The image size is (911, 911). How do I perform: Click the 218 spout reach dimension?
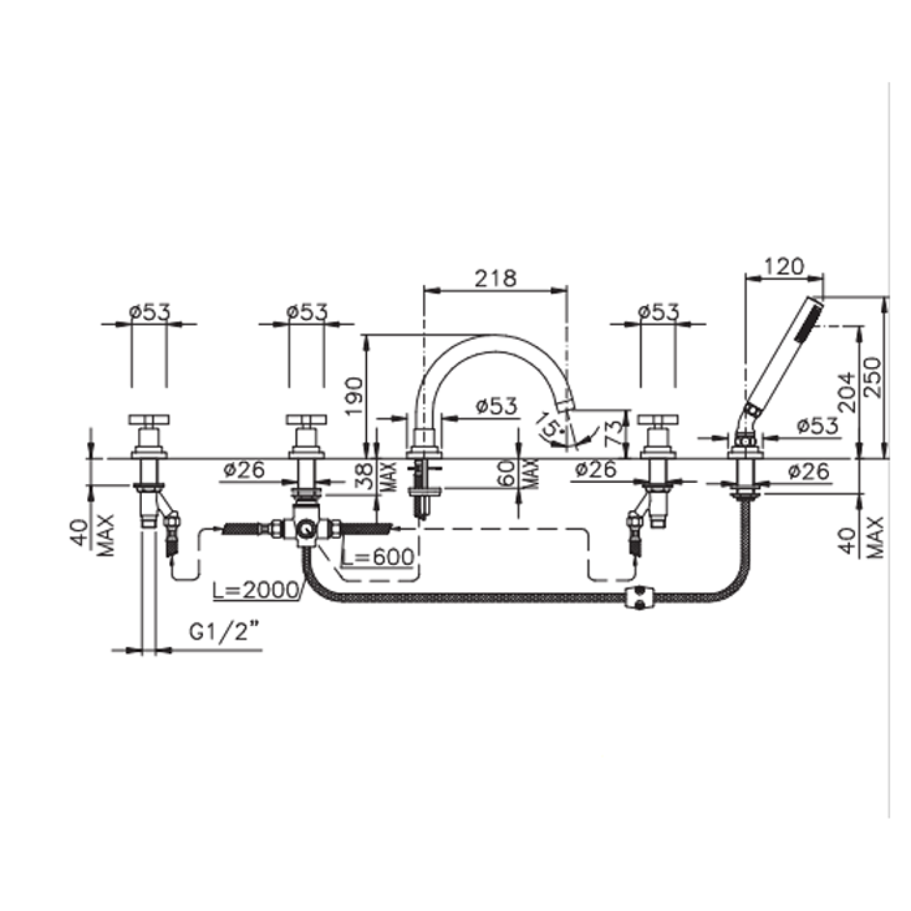[496, 277]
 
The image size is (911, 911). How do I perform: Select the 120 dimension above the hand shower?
[784, 266]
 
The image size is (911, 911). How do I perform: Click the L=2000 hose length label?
[257, 590]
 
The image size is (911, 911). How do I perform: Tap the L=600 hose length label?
[378, 557]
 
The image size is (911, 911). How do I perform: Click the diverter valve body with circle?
[306, 527]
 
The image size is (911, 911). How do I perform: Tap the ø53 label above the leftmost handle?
[149, 311]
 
